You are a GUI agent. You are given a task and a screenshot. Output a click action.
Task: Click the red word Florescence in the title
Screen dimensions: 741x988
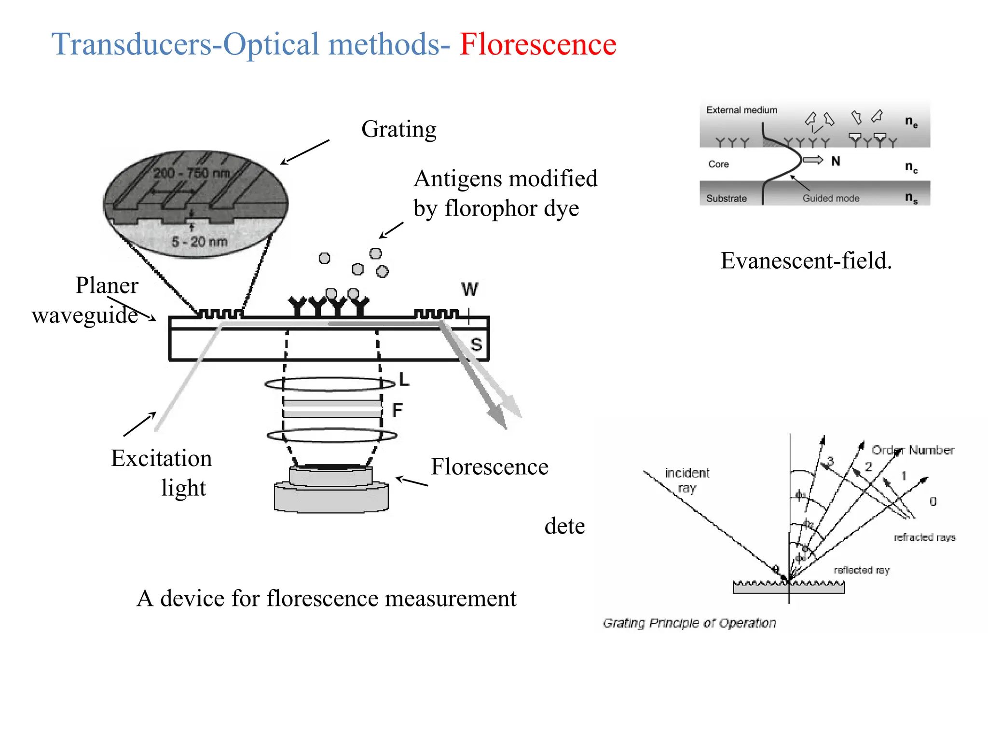tap(537, 44)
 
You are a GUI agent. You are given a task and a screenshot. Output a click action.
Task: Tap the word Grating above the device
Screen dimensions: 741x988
tap(398, 129)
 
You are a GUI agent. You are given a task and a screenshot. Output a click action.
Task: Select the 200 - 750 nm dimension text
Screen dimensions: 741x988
tap(192, 173)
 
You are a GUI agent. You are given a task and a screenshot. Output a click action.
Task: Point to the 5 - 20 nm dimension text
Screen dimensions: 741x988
tap(199, 241)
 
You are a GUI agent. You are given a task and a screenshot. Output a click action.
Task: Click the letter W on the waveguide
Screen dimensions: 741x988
tap(469, 289)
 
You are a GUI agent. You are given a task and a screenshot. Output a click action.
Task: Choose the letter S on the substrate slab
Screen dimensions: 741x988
tap(476, 344)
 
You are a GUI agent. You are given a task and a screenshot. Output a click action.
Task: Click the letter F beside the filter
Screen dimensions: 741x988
tap(397, 411)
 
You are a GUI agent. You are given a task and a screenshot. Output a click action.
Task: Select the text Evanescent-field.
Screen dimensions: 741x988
tap(806, 261)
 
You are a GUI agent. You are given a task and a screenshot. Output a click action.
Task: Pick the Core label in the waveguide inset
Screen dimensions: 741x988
tap(718, 164)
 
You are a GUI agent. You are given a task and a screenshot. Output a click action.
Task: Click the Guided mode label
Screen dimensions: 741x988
tap(831, 198)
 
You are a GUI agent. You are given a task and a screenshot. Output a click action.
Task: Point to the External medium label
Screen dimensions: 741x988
tap(741, 110)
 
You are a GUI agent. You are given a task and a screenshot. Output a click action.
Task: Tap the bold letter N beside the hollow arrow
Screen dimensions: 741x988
tap(836, 161)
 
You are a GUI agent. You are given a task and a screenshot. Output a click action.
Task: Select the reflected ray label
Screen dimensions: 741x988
tap(861, 570)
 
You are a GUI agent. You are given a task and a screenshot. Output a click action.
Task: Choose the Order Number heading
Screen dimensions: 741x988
tap(913, 450)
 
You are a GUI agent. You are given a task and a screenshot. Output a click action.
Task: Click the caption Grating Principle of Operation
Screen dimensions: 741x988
tap(689, 623)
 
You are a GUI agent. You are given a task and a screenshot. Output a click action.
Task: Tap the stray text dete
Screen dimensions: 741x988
tap(564, 526)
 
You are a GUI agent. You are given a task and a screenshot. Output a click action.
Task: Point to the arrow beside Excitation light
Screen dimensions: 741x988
tap(139, 424)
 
